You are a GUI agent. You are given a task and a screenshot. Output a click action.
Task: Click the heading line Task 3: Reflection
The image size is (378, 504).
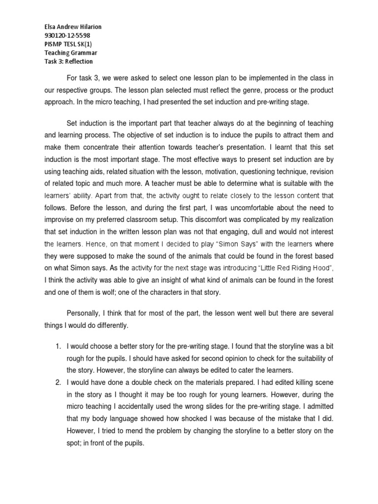click(x=68, y=62)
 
